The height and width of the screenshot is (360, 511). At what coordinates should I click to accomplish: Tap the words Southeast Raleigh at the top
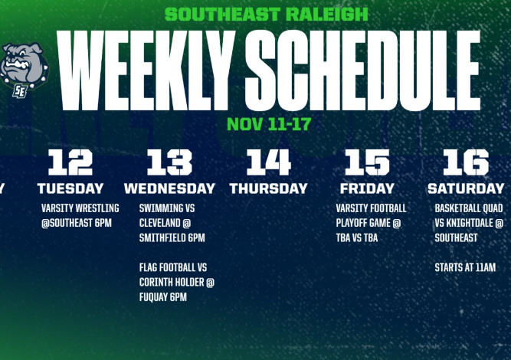267,15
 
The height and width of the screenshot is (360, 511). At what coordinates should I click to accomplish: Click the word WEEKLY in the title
146,70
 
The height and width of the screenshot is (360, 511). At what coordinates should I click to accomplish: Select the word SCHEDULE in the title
362,70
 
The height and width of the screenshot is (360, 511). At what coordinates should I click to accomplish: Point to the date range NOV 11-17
269,124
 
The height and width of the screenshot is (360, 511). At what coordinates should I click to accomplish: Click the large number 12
70,162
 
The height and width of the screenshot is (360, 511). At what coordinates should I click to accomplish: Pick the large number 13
169,162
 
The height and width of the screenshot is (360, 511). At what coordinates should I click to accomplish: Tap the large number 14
269,162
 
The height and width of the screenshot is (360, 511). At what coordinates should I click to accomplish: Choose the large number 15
367,162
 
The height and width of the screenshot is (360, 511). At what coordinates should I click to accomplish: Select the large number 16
466,162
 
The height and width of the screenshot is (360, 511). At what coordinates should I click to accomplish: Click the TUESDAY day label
70,188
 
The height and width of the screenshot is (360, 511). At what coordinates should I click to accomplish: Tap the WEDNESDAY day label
169,188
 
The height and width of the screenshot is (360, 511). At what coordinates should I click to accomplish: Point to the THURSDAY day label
269,188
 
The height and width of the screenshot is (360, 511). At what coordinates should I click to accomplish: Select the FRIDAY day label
367,188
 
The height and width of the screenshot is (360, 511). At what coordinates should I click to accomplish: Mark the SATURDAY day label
466,188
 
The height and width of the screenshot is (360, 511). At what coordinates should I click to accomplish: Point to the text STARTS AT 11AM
465,267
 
